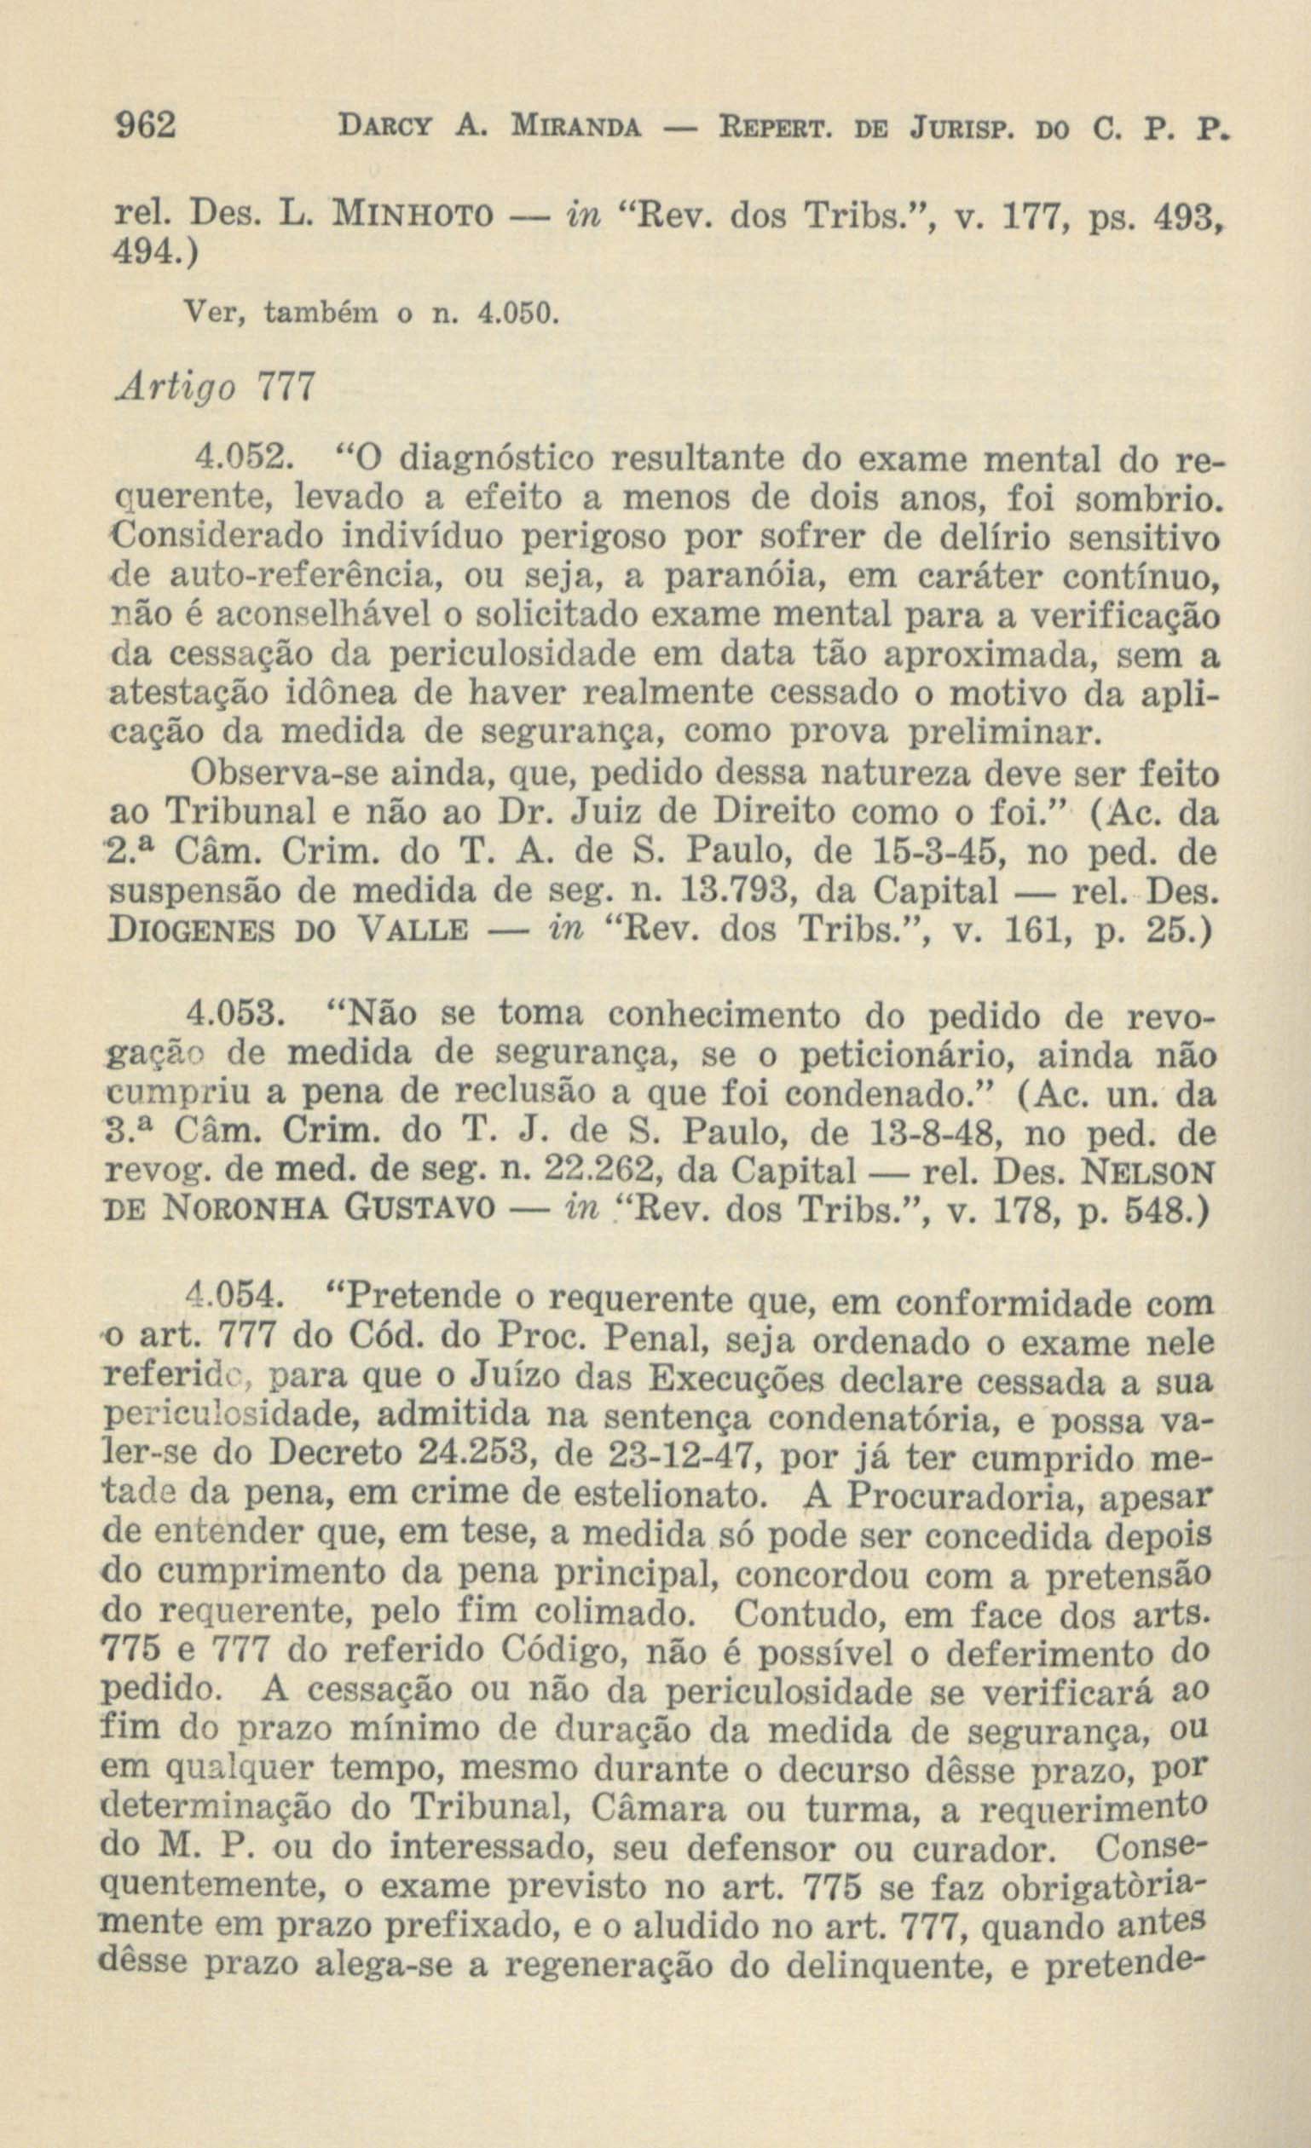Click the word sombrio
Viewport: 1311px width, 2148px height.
(x=1144, y=498)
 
